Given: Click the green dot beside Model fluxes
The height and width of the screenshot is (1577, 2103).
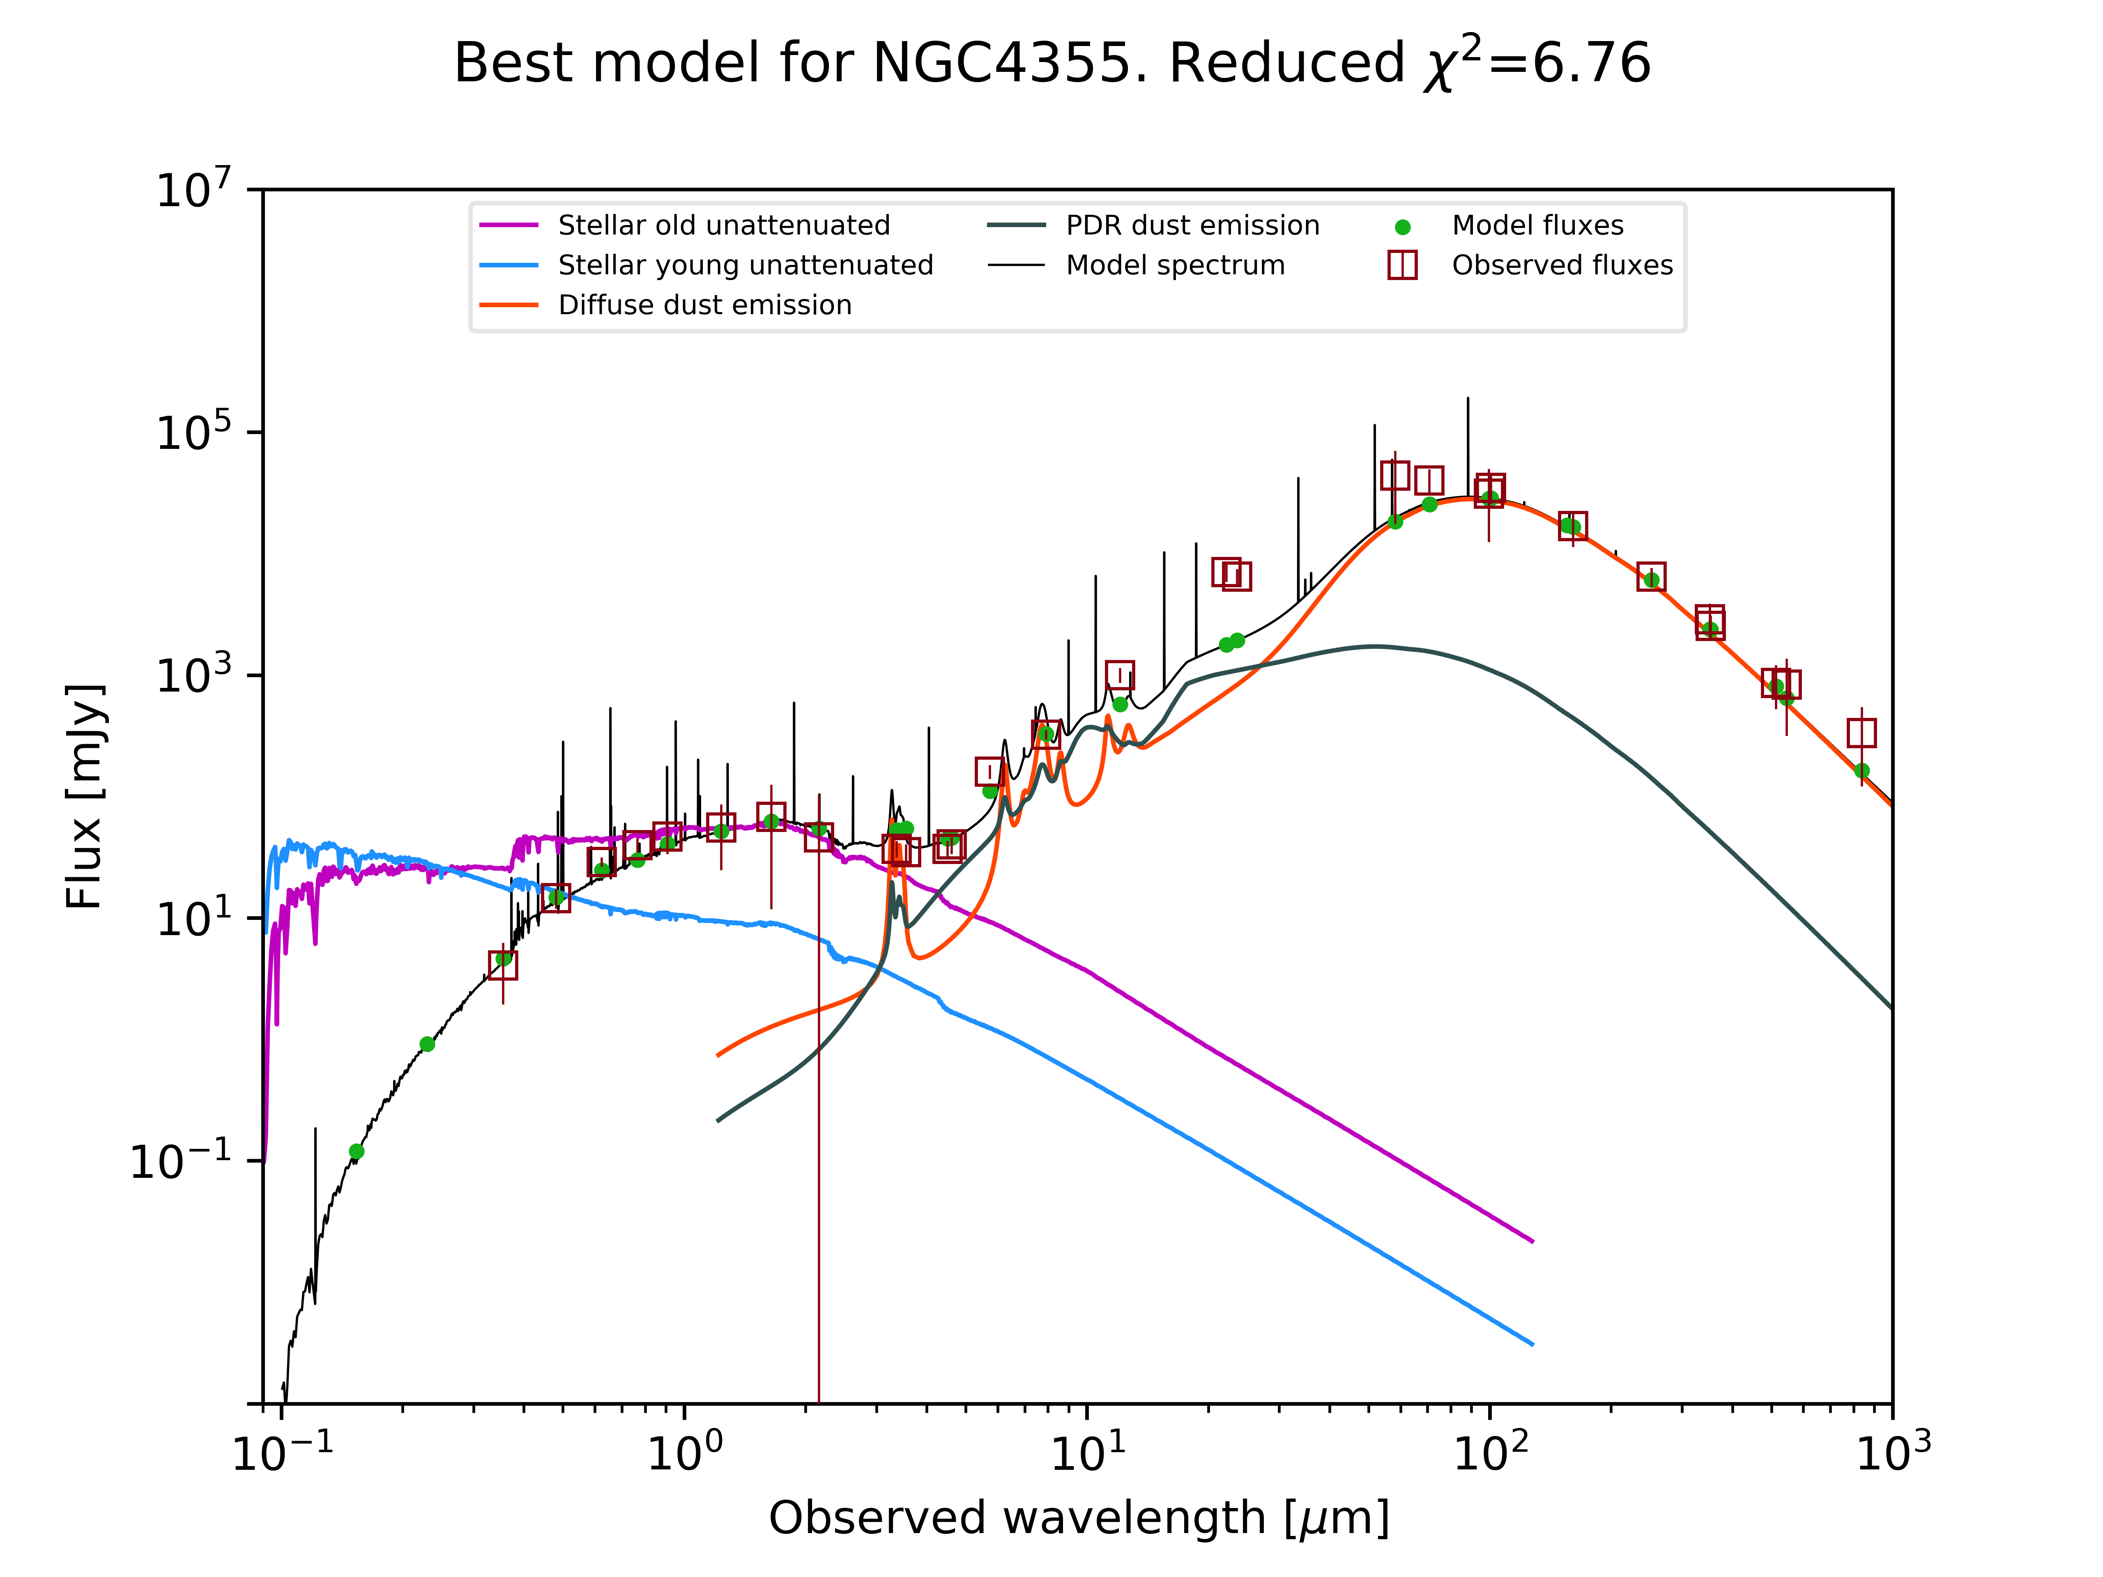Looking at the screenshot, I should point(1402,227).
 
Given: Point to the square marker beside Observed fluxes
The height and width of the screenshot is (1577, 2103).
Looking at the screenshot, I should point(1402,265).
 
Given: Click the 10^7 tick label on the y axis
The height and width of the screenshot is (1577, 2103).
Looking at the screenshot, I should point(193,189).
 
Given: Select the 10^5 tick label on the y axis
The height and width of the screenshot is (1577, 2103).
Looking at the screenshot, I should point(193,432).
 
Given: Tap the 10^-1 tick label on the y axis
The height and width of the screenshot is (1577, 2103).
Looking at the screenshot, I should point(181,1161).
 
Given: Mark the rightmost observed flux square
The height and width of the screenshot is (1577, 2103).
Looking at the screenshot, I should point(1861,733).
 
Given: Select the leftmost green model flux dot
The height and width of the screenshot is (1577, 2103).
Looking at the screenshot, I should point(357,1151).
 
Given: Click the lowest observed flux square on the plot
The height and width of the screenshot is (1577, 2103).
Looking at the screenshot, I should point(503,965).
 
